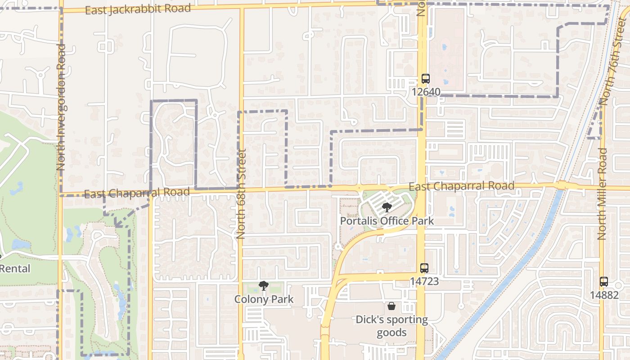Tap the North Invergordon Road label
pos(61,107)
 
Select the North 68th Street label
pos(241,193)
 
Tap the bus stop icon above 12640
pos(425,79)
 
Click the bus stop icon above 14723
pos(424,268)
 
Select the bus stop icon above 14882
pos(603,282)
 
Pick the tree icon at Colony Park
pos(263,286)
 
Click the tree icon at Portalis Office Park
pos(386,207)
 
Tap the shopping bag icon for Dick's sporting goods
pos(391,306)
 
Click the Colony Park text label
pos(264,299)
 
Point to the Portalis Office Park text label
pos(387,221)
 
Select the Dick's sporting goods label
pos(391,326)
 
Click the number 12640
pos(425,92)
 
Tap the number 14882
pos(603,295)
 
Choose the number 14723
pos(424,281)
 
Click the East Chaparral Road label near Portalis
pos(461,186)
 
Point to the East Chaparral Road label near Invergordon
pos(137,193)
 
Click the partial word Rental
pos(15,269)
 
